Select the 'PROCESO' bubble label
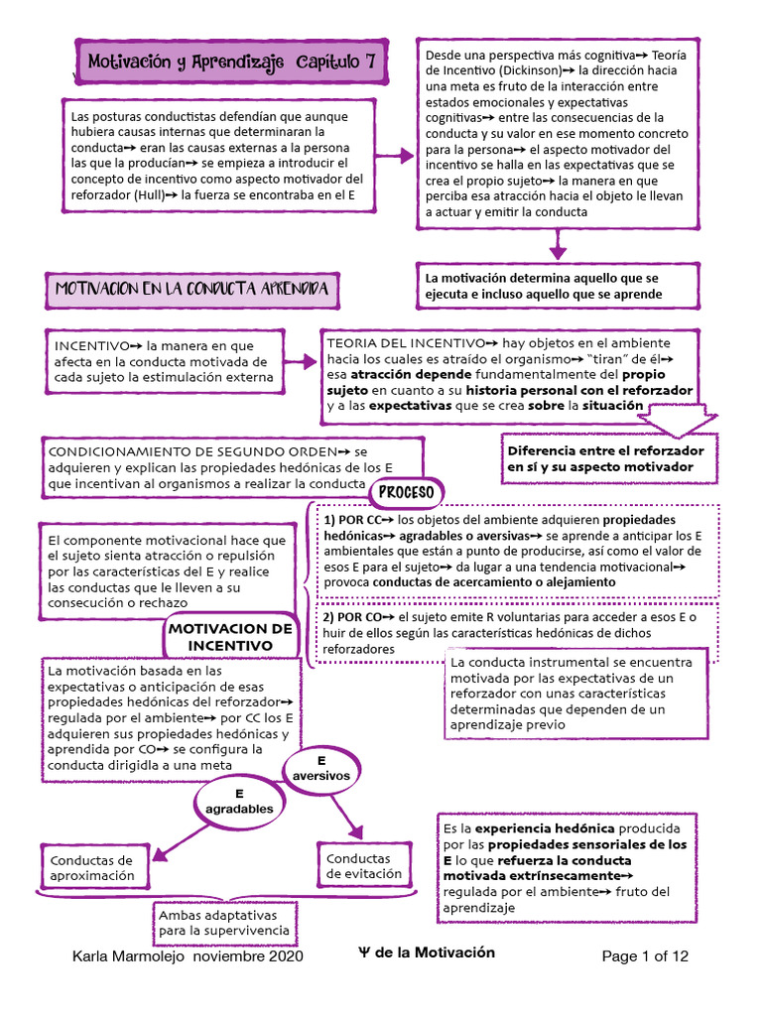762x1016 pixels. click(x=407, y=492)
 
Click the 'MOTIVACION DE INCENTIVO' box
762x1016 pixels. click(x=230, y=637)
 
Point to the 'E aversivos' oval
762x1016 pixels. click(x=323, y=767)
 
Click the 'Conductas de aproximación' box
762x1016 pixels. click(x=92, y=868)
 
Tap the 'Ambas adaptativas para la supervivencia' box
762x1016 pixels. click(x=225, y=923)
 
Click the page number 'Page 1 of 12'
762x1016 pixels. click(x=645, y=956)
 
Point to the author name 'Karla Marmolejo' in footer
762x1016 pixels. click(x=130, y=956)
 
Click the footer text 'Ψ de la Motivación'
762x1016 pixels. click(x=427, y=952)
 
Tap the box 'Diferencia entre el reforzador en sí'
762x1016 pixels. click(x=606, y=457)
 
